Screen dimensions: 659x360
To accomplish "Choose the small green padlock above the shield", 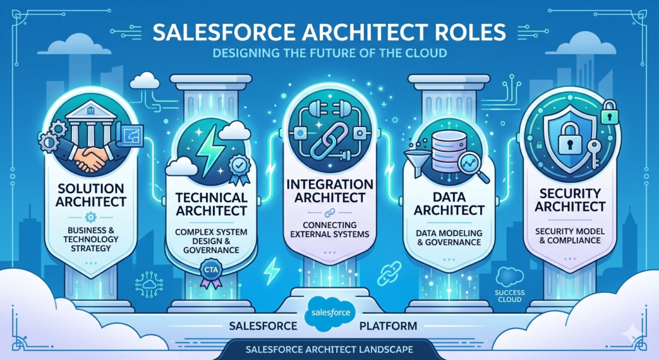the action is tap(609, 112).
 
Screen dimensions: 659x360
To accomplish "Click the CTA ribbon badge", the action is tap(211, 272).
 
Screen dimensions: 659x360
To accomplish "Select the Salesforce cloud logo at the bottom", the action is tap(330, 314).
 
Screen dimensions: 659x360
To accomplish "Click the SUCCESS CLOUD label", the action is tap(510, 296).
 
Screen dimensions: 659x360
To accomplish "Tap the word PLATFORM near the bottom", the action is tap(388, 326).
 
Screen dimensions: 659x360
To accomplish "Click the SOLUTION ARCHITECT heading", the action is tap(91, 194).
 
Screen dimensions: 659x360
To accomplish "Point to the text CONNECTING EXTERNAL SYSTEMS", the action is tap(329, 230).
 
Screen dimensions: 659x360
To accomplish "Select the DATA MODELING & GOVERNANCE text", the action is tap(449, 238).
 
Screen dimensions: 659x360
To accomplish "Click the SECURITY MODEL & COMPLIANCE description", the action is tap(570, 236).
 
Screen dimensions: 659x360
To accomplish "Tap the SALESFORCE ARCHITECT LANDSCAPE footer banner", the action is tap(329, 350).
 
